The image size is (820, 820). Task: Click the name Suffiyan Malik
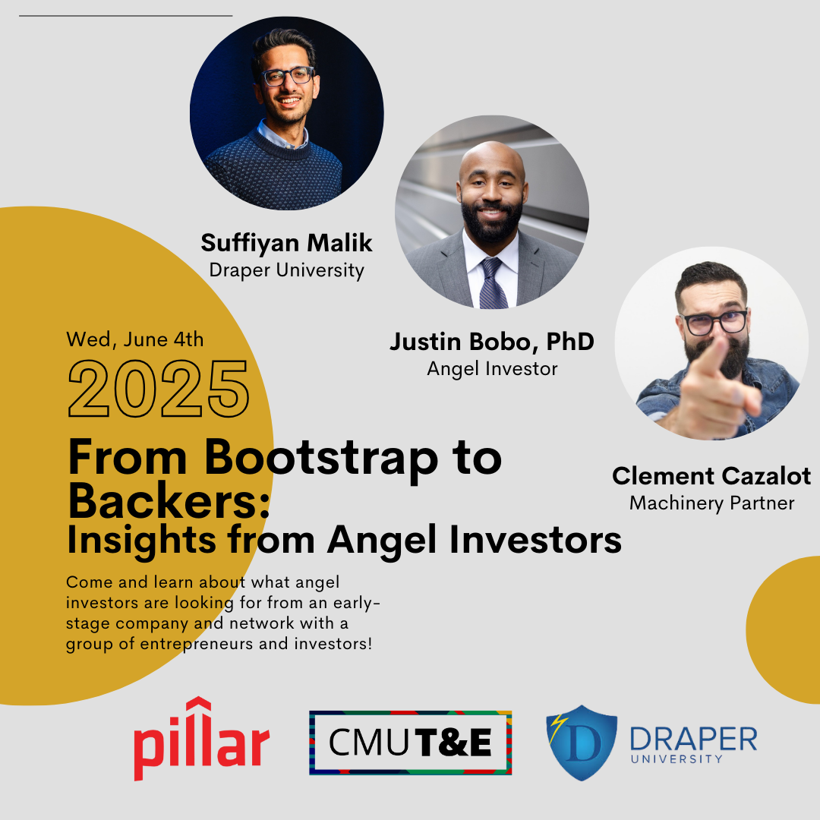click(286, 243)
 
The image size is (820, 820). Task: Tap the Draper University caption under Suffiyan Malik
click(286, 270)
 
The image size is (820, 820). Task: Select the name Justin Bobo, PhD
click(492, 342)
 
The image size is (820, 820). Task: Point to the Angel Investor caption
click(492, 369)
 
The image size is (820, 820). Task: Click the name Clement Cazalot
click(711, 476)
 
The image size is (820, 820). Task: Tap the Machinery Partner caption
click(711, 503)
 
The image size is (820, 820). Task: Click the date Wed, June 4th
click(135, 339)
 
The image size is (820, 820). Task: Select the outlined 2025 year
click(159, 389)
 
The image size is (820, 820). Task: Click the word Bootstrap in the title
click(321, 458)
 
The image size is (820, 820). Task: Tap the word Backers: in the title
click(169, 500)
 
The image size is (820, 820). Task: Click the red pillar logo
click(201, 739)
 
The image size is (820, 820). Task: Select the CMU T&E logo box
click(411, 743)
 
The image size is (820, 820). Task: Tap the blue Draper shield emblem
click(582, 743)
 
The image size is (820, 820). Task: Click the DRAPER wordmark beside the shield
click(693, 739)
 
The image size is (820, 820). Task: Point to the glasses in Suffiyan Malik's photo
click(289, 76)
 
